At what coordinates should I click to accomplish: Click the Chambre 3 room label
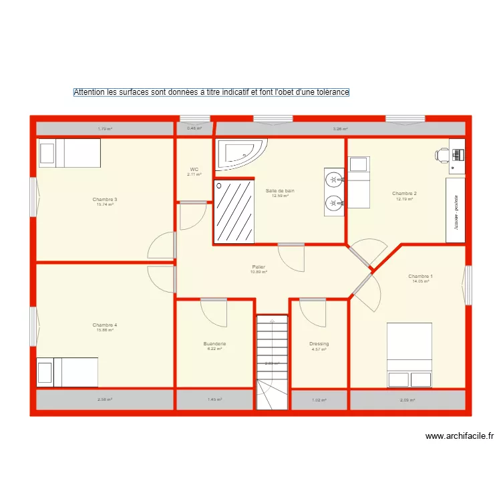pos(106,199)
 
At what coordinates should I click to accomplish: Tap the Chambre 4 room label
pos(106,325)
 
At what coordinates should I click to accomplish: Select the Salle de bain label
pos(280,190)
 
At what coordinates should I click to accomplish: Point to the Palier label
pos(259,267)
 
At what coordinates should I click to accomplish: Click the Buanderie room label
pos(214,343)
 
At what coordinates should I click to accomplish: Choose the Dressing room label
pos(319,344)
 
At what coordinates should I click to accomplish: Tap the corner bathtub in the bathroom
pos(242,153)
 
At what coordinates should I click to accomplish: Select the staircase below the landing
pos(271,361)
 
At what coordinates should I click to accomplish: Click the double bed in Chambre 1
pos(409,355)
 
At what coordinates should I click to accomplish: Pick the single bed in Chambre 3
pos(69,153)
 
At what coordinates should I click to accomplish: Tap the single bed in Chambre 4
pos(67,372)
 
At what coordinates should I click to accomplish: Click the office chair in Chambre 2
pos(442,154)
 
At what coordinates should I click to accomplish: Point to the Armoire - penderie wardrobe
pos(455,210)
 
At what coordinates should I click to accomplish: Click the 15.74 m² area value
pos(105,204)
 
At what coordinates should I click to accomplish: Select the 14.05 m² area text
pos(420,281)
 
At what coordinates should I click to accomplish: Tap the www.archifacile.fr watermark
pos(459,437)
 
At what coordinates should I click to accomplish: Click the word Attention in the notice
pos(89,92)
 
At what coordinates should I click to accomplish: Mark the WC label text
pos(194,170)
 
